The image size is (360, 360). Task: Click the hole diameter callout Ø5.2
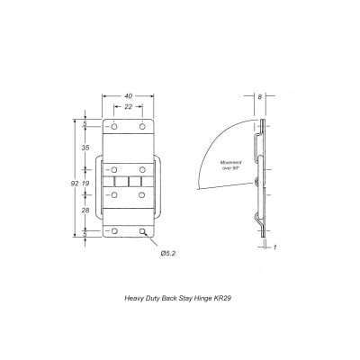168,252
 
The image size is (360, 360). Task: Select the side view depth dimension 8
260,97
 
